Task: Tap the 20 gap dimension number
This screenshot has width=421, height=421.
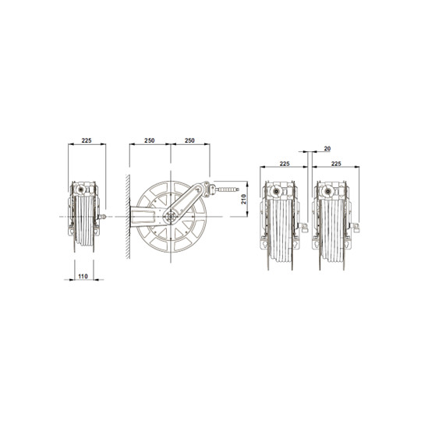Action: tap(326, 147)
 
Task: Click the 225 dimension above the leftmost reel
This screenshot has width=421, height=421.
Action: tap(86, 141)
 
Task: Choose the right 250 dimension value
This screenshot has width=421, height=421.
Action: tap(189, 141)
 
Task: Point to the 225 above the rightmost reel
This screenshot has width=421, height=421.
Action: tap(336, 165)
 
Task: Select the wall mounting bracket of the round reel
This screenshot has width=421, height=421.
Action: tap(140, 215)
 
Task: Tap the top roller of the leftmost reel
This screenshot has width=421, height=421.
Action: tap(80, 188)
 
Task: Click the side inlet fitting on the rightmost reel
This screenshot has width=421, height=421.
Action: tap(355, 228)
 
